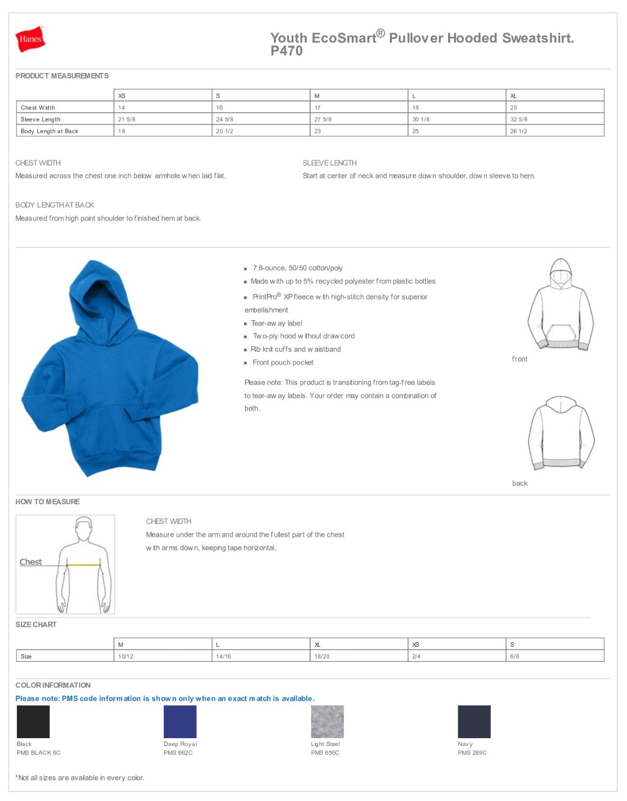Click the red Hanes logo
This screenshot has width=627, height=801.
tap(30, 39)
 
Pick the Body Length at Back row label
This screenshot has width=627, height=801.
tap(49, 131)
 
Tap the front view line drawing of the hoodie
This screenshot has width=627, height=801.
tap(560, 306)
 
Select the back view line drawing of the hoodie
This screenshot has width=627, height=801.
tap(561, 433)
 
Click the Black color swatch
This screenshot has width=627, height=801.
tap(33, 722)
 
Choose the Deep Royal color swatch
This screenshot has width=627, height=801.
tap(180, 722)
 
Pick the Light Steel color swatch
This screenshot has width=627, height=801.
tap(327, 722)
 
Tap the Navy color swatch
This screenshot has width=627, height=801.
tap(474, 722)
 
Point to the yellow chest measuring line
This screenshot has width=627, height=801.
tap(84, 565)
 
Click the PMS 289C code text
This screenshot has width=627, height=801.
tap(472, 753)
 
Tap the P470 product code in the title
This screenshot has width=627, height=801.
tap(287, 51)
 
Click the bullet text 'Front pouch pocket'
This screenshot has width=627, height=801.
tap(283, 362)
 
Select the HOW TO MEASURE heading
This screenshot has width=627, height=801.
tap(48, 502)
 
